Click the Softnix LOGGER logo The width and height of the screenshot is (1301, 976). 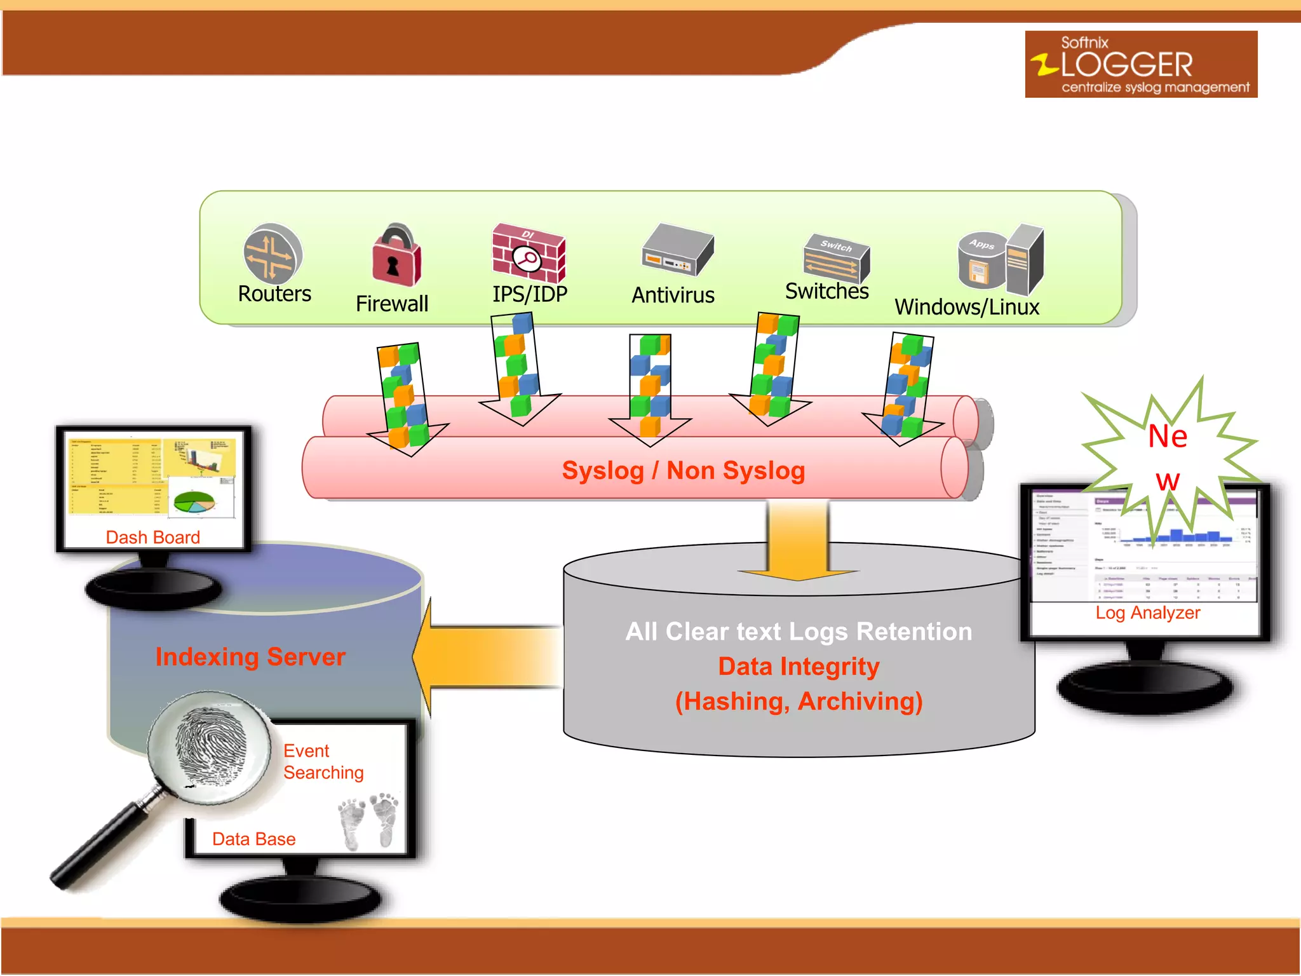[x=1140, y=64]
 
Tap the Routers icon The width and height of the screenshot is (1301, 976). [x=273, y=253]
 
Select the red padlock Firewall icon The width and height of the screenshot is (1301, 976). [x=396, y=256]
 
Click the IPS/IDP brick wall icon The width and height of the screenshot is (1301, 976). [x=528, y=253]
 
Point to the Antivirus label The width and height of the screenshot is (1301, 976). [x=673, y=295]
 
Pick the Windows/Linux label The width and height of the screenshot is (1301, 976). [x=966, y=308]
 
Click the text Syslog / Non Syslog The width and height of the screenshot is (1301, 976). [x=683, y=471]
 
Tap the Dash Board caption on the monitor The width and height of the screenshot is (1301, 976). [x=152, y=538]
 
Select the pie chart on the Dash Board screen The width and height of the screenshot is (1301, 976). [x=194, y=502]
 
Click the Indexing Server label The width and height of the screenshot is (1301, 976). [x=250, y=656]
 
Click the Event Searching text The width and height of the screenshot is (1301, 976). [x=323, y=762]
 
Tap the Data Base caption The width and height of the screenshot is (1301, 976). [x=253, y=839]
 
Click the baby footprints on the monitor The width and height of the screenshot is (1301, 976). [x=368, y=820]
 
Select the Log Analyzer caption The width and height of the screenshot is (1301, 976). [x=1147, y=613]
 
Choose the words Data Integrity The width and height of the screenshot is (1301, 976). [x=799, y=667]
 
